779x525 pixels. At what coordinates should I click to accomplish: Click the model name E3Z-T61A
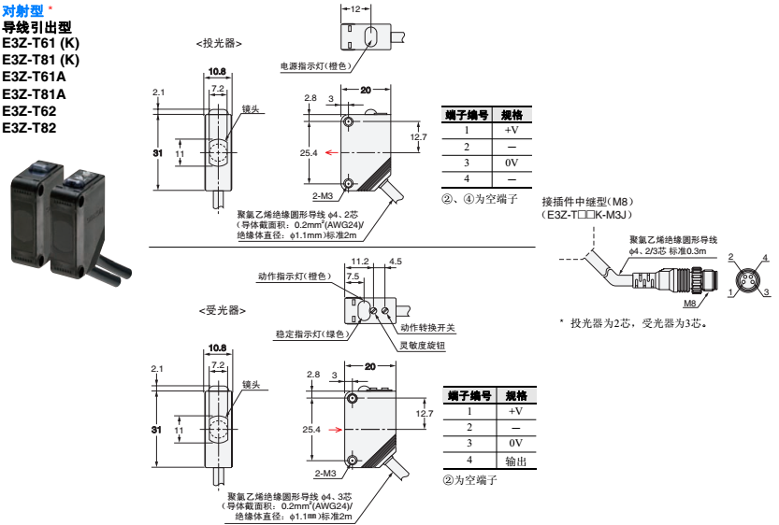point(34,77)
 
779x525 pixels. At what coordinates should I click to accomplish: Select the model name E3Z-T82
point(29,128)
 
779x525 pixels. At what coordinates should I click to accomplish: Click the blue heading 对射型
point(22,10)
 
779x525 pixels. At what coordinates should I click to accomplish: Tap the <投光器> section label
point(219,44)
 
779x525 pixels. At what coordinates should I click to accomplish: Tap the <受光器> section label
point(222,311)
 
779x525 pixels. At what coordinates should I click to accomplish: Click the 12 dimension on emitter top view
point(355,9)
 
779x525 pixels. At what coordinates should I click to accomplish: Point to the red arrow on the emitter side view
point(332,152)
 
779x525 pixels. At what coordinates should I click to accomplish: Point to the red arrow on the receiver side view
point(336,429)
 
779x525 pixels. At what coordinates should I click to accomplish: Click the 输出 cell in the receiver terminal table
point(515,461)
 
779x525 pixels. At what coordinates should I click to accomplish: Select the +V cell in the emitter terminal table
point(512,130)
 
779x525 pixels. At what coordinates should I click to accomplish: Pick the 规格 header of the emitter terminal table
point(512,115)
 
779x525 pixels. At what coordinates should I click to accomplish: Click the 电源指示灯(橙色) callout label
point(316,66)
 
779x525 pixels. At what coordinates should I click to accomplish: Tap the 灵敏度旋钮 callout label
point(423,346)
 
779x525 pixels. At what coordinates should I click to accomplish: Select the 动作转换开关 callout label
point(427,328)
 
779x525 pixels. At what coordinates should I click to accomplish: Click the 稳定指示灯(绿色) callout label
point(312,334)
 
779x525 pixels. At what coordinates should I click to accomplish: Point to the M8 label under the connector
point(689,304)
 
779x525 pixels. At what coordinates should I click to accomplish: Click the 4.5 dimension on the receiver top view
point(396,262)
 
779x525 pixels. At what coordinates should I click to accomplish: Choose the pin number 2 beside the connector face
point(730,257)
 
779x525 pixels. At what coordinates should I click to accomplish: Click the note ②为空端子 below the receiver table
point(470,480)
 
